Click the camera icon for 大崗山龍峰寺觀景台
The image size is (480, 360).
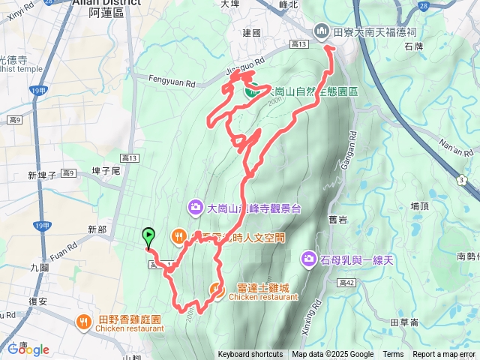pyautogui.click(x=195, y=207)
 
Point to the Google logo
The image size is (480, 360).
pyautogui.click(x=28, y=349)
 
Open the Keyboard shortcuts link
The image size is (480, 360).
pyautogui.click(x=250, y=355)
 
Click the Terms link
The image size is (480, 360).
pyautogui.click(x=393, y=355)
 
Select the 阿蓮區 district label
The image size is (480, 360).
pyautogui.click(x=105, y=13)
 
